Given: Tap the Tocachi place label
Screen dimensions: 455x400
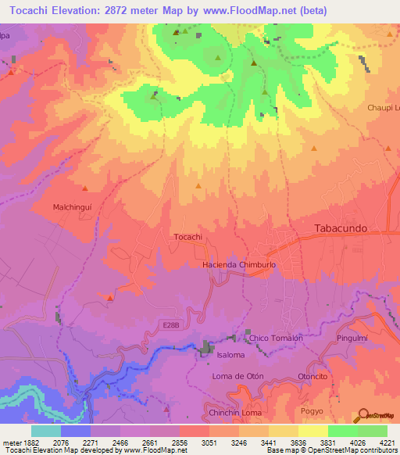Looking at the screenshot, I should click(x=187, y=237).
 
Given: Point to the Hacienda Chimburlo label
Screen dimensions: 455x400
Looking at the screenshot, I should click(x=239, y=265).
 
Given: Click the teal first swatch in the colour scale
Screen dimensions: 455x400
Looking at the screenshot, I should click(x=46, y=431).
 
